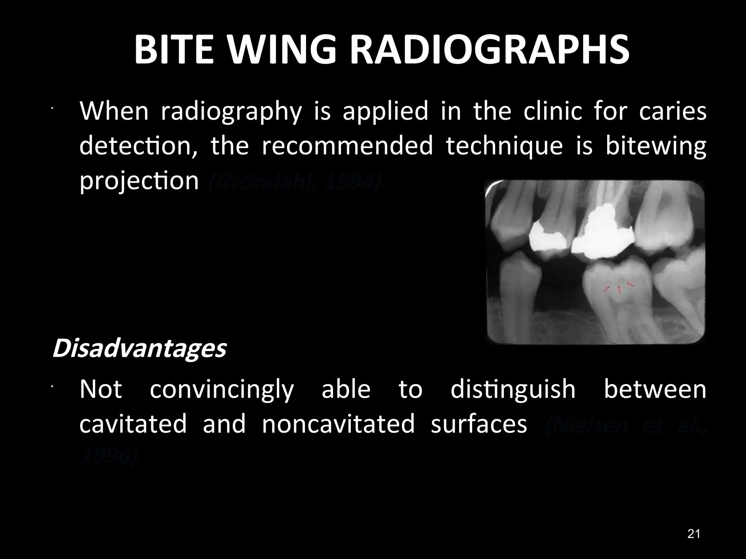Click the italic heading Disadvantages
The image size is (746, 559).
click(x=139, y=349)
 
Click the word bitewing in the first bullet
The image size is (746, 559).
click(x=656, y=146)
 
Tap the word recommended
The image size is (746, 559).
click(x=347, y=146)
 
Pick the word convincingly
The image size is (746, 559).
click(x=221, y=389)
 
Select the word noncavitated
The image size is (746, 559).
click(x=338, y=424)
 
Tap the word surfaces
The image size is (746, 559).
click(x=479, y=424)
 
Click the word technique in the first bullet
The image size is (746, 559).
click(x=504, y=146)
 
